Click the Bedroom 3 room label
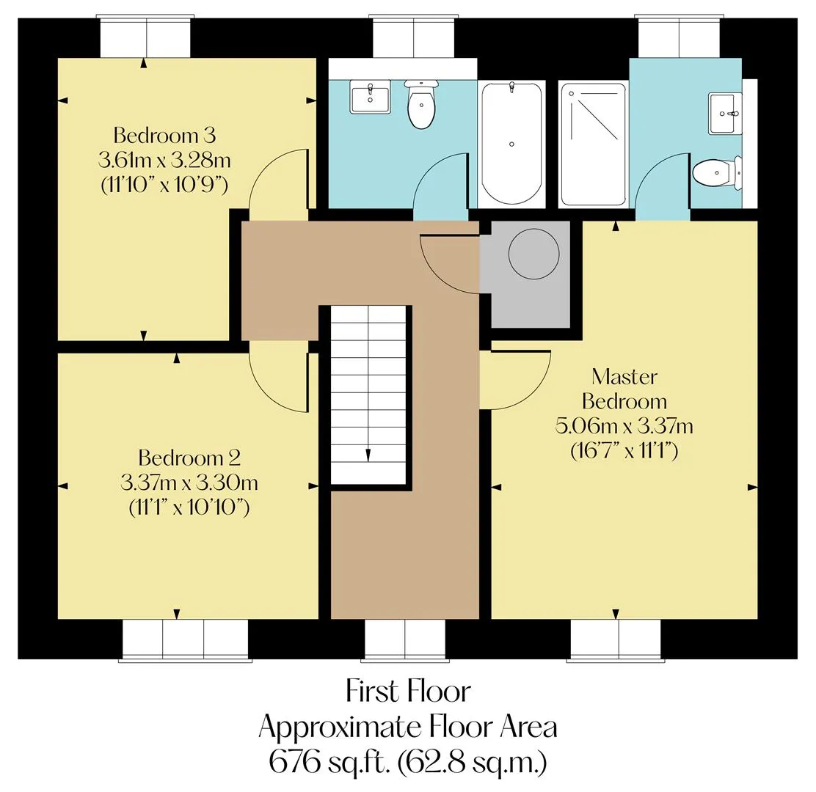click(x=164, y=135)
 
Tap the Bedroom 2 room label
click(x=189, y=458)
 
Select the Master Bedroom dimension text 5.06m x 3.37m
click(x=624, y=426)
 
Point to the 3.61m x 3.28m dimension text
click(x=164, y=160)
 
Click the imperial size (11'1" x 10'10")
click(x=189, y=507)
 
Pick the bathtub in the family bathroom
click(x=511, y=144)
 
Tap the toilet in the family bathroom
click(x=421, y=104)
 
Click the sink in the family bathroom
click(x=370, y=97)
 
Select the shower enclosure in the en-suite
click(x=593, y=144)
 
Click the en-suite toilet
click(x=717, y=172)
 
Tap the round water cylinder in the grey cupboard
click(x=533, y=254)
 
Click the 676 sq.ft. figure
click(x=329, y=762)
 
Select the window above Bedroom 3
click(x=146, y=37)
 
